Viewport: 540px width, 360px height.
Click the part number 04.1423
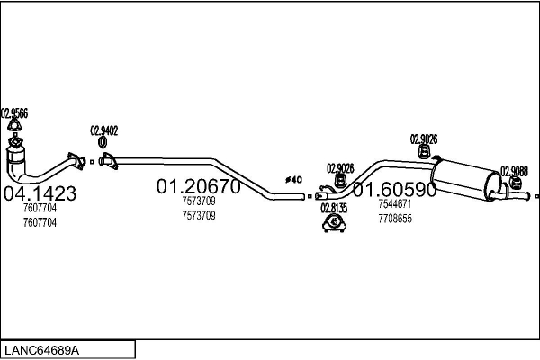tap(40, 193)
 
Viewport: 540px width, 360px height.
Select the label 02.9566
tap(14, 113)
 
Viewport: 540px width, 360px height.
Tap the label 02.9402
tap(103, 130)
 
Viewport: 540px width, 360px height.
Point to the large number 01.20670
tap(198, 187)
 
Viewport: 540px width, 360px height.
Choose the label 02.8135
tap(334, 207)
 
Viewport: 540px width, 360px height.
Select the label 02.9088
tap(515, 171)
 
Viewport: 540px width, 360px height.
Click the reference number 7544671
tap(394, 204)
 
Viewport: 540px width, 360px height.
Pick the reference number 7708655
tap(394, 218)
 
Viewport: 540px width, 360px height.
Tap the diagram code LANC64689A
tap(43, 348)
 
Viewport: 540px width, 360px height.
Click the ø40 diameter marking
tap(293, 180)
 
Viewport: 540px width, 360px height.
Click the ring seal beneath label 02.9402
tap(103, 143)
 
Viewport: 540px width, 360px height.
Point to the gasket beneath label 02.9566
tap(14, 128)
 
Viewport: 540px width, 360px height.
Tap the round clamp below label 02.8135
tap(334, 221)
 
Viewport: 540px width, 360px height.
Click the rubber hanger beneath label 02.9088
tap(517, 185)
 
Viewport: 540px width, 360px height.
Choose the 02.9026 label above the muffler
tap(424, 139)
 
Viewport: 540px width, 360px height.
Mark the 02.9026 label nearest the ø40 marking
tap(340, 167)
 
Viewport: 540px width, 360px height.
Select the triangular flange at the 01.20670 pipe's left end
tap(108, 163)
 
